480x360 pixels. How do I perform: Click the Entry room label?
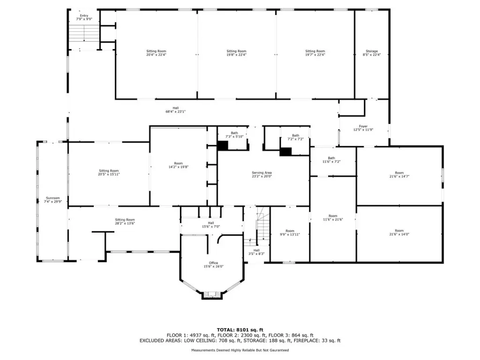[84, 17]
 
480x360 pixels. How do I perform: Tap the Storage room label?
[372, 53]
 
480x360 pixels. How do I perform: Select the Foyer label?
[363, 128]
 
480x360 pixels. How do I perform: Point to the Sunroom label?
[52, 200]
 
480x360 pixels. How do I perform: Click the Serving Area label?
[262, 174]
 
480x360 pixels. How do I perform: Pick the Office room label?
[213, 265]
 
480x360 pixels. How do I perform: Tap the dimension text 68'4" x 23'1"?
[175, 112]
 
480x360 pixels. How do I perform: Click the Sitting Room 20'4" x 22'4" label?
[156, 53]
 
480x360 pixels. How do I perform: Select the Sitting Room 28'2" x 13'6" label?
[125, 222]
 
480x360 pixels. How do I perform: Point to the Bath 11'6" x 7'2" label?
[331, 160]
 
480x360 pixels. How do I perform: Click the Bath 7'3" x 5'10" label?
[234, 135]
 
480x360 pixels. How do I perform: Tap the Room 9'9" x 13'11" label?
[290, 232]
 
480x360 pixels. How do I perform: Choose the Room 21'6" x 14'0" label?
[399, 232]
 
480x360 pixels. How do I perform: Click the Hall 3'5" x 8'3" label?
[256, 252]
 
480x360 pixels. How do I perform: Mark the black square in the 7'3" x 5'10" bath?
[223, 146]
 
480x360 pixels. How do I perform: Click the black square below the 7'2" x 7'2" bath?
[285, 151]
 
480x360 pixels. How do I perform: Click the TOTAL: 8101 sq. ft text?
[240, 330]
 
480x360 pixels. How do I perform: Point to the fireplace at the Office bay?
[211, 295]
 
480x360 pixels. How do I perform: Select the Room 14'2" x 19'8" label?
[179, 165]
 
